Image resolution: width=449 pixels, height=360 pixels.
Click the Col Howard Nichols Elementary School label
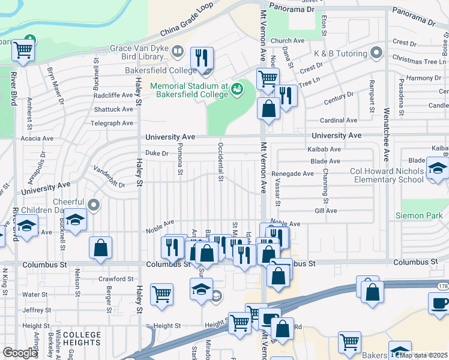[387, 175]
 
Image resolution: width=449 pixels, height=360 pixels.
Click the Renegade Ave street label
[292, 174]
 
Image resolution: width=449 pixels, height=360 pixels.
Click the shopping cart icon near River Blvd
[23, 50]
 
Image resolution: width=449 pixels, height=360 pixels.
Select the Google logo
[20, 353]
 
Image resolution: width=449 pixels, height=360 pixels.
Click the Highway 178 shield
[442, 287]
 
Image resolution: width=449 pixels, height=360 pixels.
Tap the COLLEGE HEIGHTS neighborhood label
[82, 338]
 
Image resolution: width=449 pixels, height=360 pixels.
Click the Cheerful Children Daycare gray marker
[93, 205]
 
